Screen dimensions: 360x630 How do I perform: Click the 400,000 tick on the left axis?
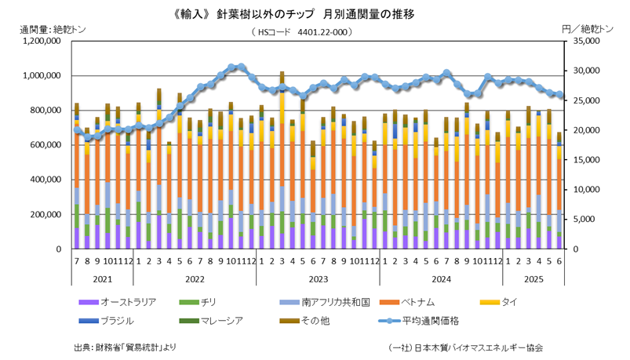pos(44,180)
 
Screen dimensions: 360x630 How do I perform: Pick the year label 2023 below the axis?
pos(317,278)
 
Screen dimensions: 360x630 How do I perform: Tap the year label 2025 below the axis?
pos(533,278)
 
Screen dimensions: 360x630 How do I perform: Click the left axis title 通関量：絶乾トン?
pos(53,29)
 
